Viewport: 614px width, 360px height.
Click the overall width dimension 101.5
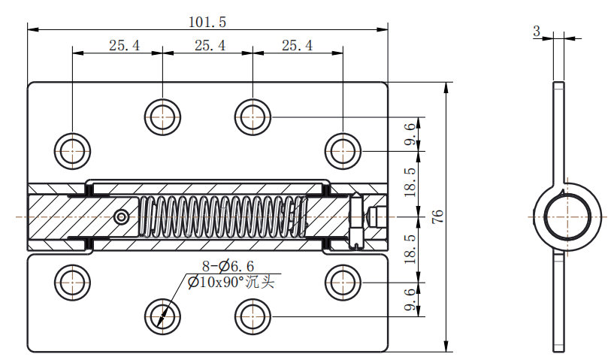[207, 22]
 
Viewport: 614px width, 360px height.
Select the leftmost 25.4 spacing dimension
[124, 45]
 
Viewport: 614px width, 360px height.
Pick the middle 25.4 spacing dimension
[210, 45]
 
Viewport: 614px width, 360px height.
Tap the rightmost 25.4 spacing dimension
[297, 45]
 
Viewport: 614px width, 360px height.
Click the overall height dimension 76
[438, 216]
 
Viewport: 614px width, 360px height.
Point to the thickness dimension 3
[537, 31]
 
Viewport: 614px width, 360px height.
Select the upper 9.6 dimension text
[410, 134]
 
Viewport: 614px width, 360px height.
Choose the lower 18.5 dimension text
[410, 249]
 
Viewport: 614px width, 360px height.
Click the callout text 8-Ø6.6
[228, 266]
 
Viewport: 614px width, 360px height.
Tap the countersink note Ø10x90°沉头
[231, 282]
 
